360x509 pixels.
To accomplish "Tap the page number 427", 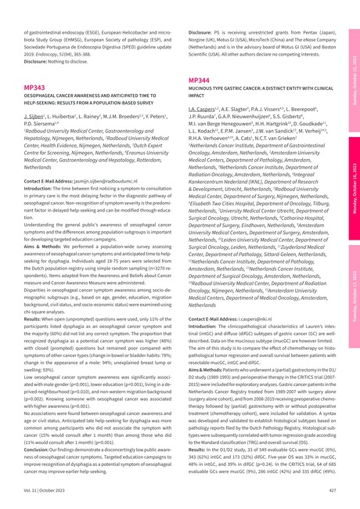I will (x=331, y=489).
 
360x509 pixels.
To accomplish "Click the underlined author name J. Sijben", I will (x=36, y=116).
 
